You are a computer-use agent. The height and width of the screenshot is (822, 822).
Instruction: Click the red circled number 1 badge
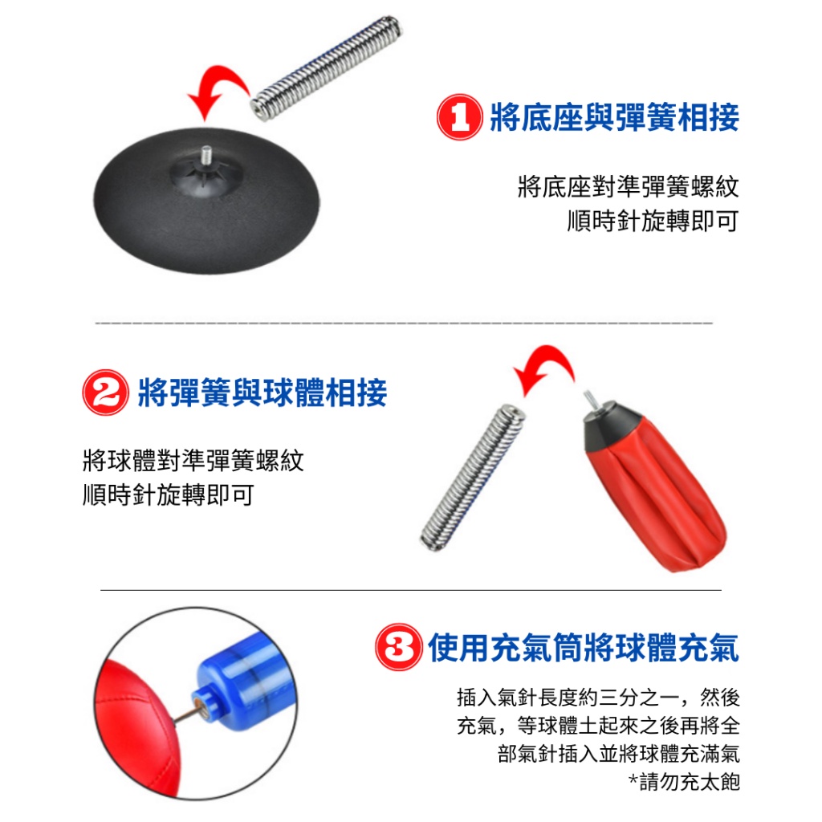tap(459, 117)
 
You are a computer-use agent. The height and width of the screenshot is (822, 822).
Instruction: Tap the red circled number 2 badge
tap(105, 393)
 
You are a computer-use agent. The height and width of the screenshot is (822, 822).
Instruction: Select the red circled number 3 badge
tap(398, 647)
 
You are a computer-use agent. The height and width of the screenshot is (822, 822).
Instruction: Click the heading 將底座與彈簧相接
tap(614, 117)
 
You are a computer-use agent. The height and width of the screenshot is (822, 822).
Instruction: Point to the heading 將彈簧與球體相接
tap(262, 393)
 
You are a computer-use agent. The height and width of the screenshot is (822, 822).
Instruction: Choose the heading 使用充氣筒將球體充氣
tap(584, 648)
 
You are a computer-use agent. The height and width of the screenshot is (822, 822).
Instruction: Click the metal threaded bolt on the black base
tap(206, 155)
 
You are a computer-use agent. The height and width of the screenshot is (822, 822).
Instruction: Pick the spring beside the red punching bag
tap(474, 477)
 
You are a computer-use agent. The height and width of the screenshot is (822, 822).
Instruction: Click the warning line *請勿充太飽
tap(684, 782)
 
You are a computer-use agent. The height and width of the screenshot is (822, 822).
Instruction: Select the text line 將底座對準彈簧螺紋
tap(628, 186)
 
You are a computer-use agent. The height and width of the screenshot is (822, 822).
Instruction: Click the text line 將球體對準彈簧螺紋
tap(193, 460)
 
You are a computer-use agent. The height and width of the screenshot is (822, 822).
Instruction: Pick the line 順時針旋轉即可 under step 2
tap(169, 494)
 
